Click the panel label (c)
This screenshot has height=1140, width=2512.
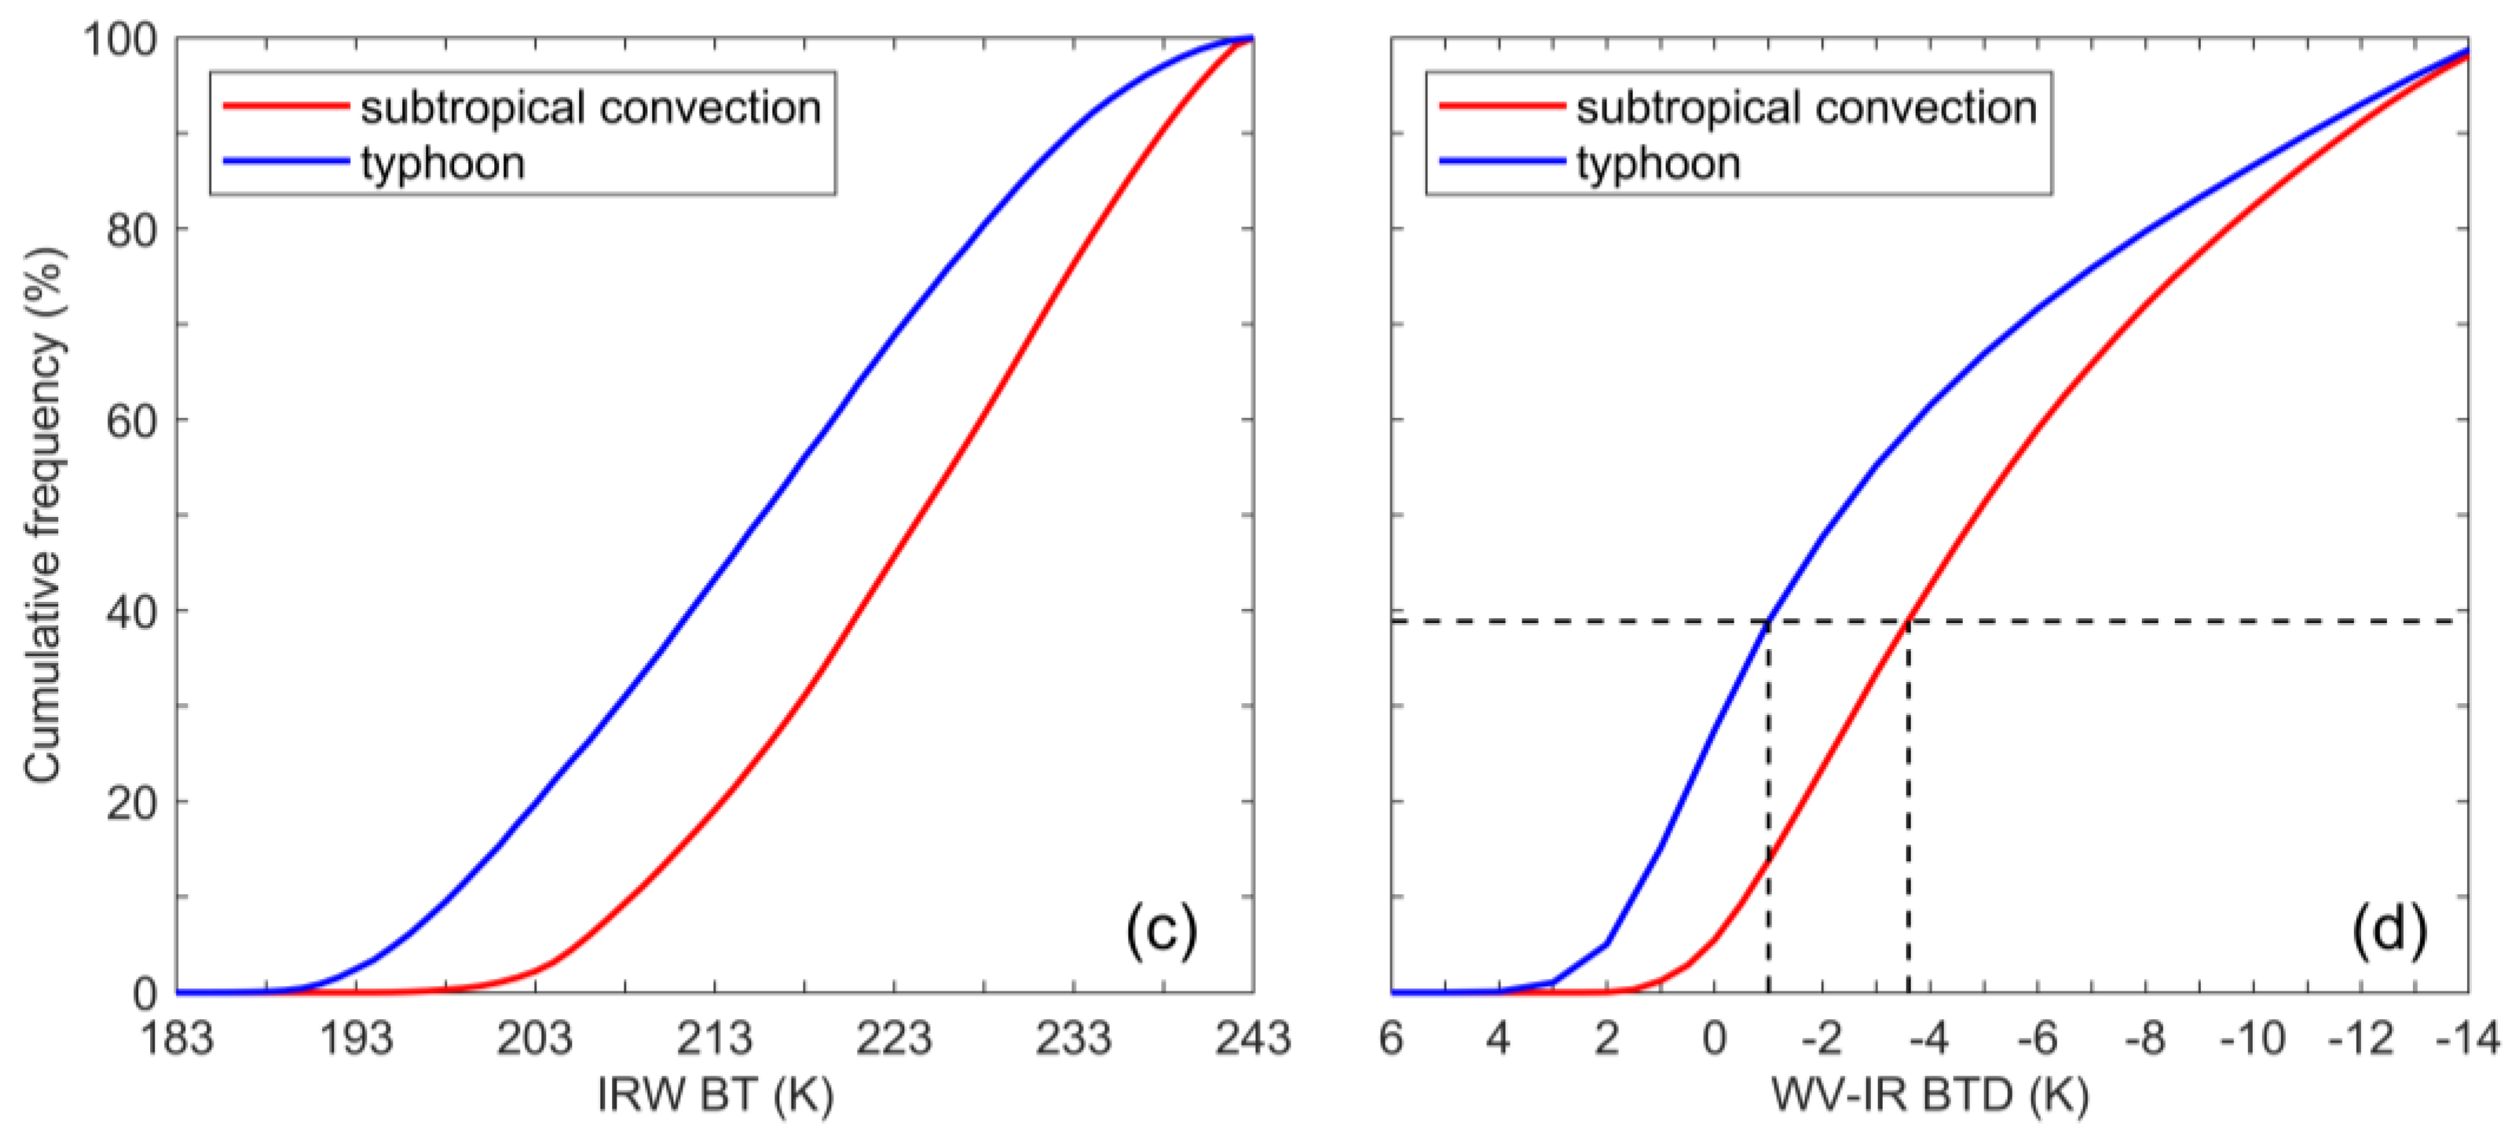(1160, 930)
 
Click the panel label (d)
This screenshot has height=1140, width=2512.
(2388, 930)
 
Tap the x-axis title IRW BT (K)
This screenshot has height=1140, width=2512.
(715, 1096)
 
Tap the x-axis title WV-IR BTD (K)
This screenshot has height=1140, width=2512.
(1930, 1096)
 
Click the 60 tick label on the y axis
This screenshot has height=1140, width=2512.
(132, 420)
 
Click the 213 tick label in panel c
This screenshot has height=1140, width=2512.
(715, 1039)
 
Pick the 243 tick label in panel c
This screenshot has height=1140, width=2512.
(1252, 1039)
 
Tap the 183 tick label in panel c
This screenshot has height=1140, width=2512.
(178, 1039)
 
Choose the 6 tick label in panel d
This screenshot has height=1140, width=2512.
(1392, 1039)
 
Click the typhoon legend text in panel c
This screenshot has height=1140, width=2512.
(443, 163)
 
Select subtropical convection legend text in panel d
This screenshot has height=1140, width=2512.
(1807, 108)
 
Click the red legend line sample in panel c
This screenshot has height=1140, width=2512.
(286, 105)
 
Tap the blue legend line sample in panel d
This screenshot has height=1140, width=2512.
(1502, 162)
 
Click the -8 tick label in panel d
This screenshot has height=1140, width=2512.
(2146, 1039)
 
